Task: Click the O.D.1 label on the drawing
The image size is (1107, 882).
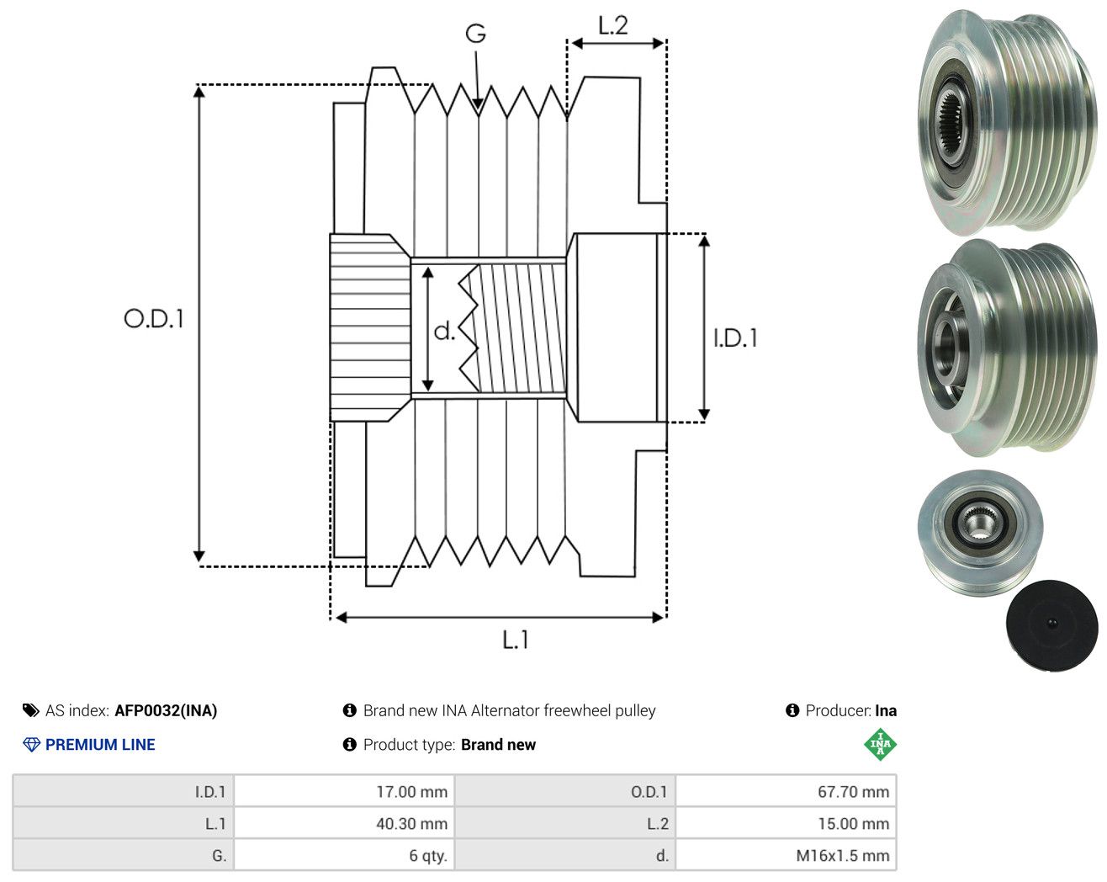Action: point(154,319)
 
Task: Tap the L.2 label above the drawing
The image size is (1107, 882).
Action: point(612,26)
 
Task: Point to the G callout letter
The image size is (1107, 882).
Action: point(476,34)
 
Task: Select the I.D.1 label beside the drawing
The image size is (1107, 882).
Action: point(735,338)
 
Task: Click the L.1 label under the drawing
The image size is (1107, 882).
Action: point(515,640)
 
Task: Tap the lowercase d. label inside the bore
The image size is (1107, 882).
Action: point(444,331)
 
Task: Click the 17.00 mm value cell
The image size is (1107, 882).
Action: point(344,791)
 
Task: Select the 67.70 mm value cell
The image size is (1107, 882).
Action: point(786,791)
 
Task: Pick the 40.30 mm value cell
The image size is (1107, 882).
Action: point(344,823)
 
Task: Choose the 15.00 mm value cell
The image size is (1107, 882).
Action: point(786,823)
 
